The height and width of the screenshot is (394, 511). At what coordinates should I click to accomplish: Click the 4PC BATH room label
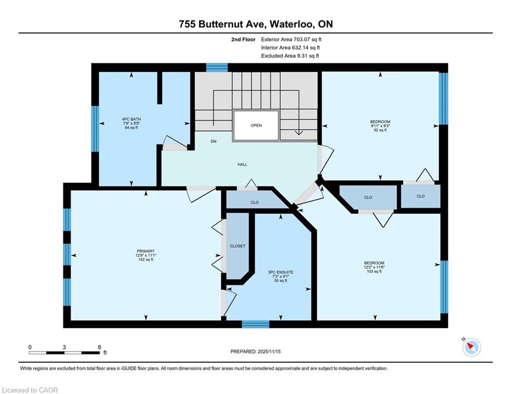pyautogui.click(x=131, y=124)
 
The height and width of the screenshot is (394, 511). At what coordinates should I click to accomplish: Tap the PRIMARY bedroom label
pyautogui.click(x=146, y=255)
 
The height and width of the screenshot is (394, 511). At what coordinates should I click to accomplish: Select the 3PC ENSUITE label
pyautogui.click(x=280, y=276)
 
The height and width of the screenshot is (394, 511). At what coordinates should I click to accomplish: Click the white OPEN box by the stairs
pyautogui.click(x=256, y=125)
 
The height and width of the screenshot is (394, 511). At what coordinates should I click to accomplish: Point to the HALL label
pyautogui.click(x=242, y=165)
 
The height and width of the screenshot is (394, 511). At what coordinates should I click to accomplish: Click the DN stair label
pyautogui.click(x=214, y=141)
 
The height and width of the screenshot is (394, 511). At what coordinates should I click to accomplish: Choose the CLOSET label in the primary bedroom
pyautogui.click(x=237, y=246)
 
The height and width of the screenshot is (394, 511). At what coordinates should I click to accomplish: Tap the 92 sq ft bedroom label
pyautogui.click(x=380, y=126)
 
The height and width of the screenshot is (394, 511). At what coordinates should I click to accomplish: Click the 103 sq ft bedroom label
pyautogui.click(x=374, y=267)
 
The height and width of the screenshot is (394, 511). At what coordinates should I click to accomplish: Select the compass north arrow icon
pyautogui.click(x=471, y=347)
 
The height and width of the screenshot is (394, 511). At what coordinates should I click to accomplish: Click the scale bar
pyautogui.click(x=64, y=352)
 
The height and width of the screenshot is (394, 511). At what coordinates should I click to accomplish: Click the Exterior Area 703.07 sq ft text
pyautogui.click(x=291, y=40)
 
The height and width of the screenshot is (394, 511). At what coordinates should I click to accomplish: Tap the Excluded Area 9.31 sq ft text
pyautogui.click(x=290, y=56)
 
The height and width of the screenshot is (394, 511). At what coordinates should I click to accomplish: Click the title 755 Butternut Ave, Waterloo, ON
pyautogui.click(x=256, y=24)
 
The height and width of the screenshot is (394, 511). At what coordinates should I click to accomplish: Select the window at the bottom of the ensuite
pyautogui.click(x=256, y=324)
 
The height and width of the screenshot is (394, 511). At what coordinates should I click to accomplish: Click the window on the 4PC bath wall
pyautogui.click(x=95, y=129)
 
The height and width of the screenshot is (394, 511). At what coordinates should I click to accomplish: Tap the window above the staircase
pyautogui.click(x=217, y=67)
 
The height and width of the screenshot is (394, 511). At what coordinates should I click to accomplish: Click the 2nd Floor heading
pyautogui.click(x=243, y=40)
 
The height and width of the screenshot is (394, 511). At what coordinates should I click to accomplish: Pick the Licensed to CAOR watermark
pyautogui.click(x=30, y=390)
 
